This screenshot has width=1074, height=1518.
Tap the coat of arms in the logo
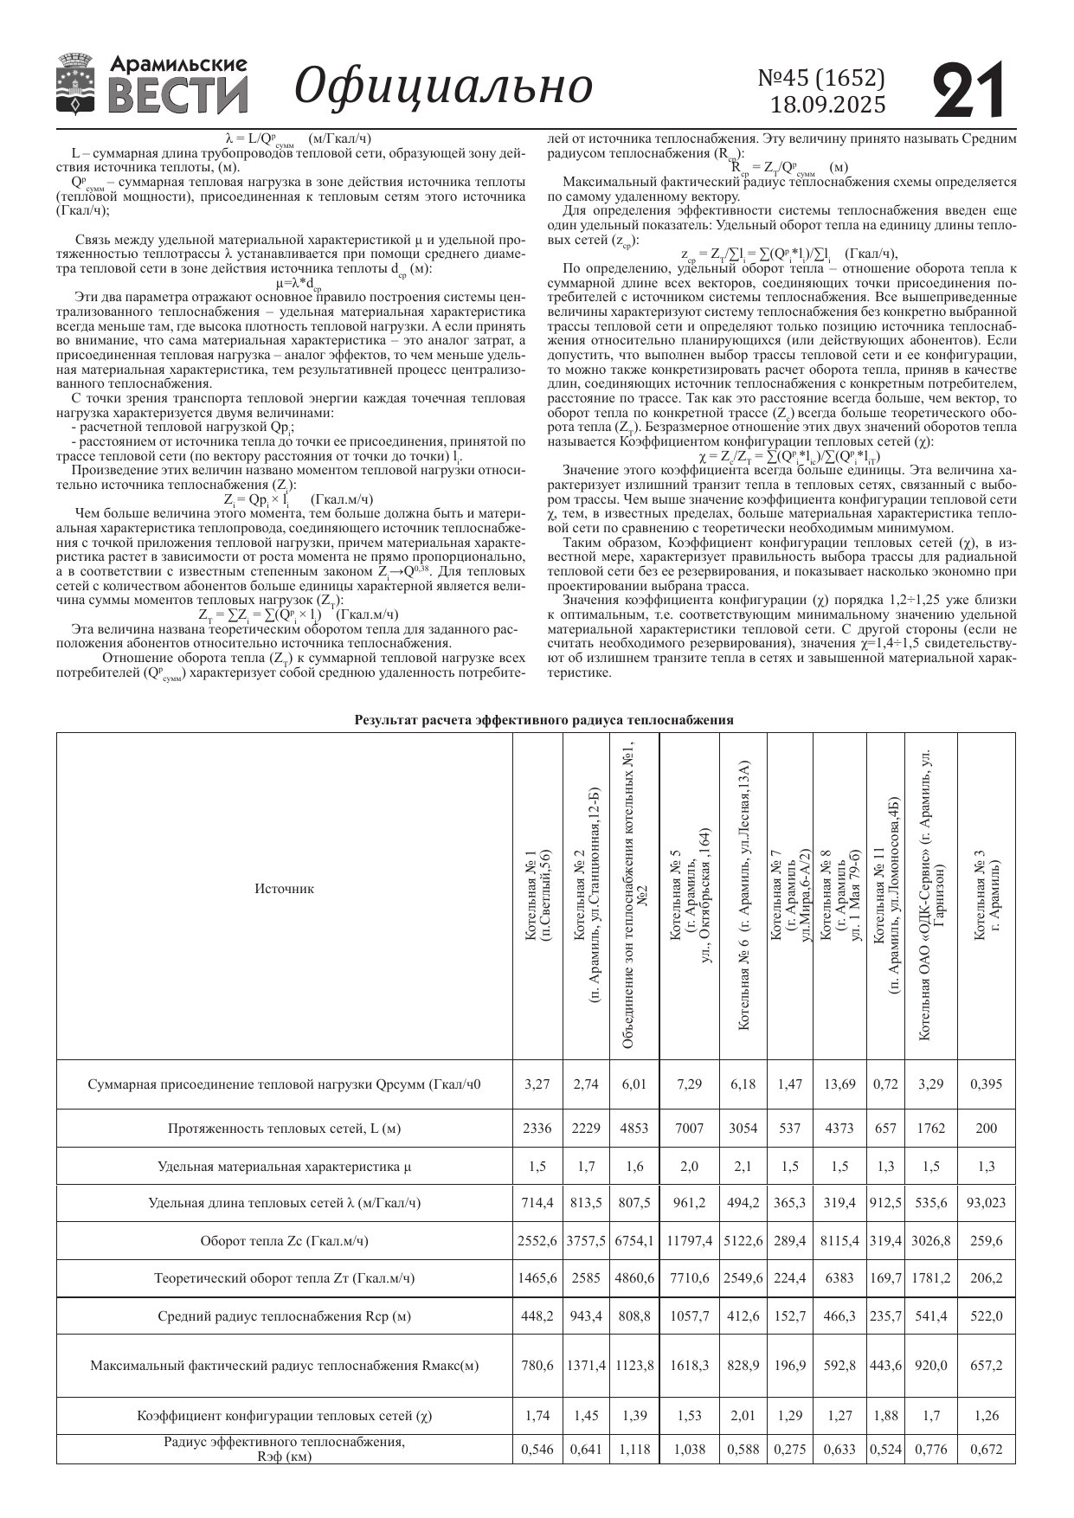(75, 85)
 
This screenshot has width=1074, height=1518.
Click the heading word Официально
(444, 86)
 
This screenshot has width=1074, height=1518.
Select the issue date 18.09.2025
(828, 106)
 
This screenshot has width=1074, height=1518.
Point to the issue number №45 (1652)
(821, 79)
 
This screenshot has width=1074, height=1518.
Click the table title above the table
(544, 720)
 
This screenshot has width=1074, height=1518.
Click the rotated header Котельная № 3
(986, 896)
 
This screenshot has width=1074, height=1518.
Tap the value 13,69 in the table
(839, 1084)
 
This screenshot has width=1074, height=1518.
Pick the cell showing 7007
(689, 1129)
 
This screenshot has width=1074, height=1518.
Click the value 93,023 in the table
(986, 1203)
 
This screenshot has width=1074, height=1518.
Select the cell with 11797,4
(689, 1241)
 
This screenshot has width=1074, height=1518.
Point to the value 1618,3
(689, 1366)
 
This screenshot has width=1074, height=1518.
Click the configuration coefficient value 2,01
(743, 1416)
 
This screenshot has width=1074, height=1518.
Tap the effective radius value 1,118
(634, 1450)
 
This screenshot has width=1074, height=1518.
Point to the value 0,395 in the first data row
(986, 1084)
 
